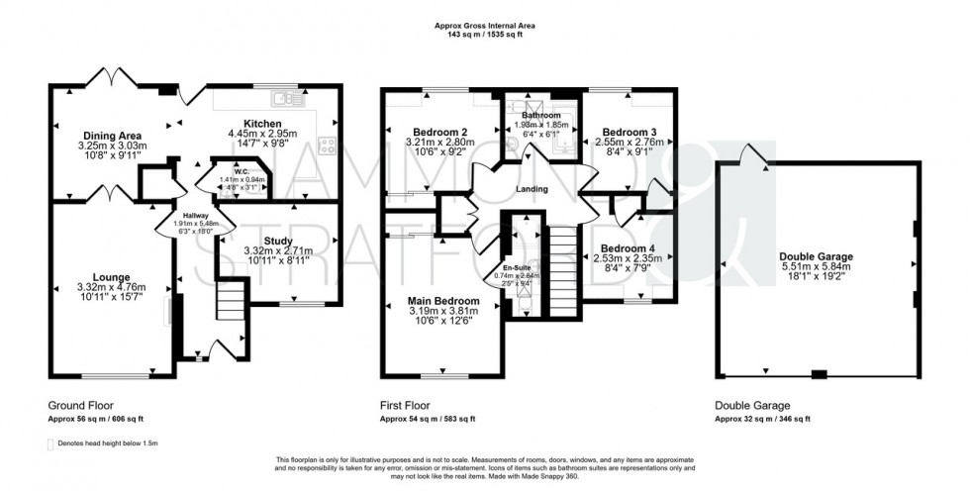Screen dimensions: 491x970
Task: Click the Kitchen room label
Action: [248, 121]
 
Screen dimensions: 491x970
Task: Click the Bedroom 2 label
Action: [433, 133]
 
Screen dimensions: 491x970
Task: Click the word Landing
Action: [532, 189]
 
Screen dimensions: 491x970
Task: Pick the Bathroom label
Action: [542, 116]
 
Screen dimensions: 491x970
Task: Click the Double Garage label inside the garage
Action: [816, 256]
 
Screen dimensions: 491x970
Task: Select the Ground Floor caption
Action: [80, 406]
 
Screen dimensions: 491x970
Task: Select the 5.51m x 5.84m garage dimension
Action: [816, 268]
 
